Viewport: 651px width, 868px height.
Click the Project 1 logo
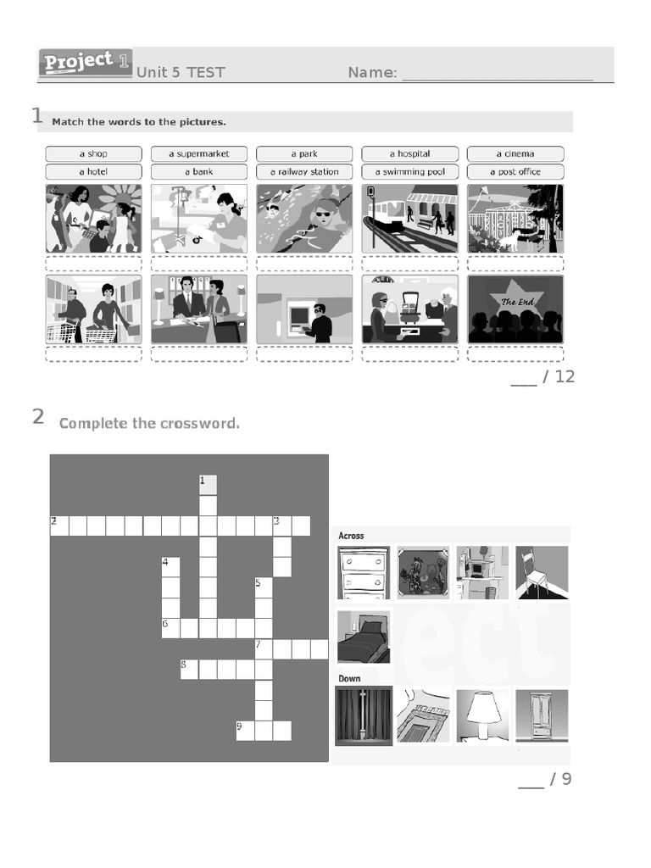coord(85,64)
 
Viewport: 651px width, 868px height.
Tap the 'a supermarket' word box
coord(199,153)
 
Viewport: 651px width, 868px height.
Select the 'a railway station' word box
coord(304,171)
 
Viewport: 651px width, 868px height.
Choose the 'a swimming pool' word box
coord(410,171)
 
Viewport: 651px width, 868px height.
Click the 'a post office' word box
coord(515,171)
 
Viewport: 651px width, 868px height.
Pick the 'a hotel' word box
coord(93,171)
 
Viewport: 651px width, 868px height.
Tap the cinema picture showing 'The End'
coord(515,309)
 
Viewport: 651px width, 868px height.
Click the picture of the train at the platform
coord(410,219)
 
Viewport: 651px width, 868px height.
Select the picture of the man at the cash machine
coord(304,309)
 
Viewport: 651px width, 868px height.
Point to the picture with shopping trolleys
coord(93,309)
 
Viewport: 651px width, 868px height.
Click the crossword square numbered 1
coord(208,485)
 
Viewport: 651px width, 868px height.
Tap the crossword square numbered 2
coord(58,526)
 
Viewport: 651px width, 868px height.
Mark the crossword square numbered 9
coord(245,730)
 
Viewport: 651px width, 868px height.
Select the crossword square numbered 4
coord(170,566)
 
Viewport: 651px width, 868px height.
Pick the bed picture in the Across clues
coord(364,637)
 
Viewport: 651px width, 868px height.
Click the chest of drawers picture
coord(364,572)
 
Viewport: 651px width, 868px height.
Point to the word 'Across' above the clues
coord(351,535)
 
